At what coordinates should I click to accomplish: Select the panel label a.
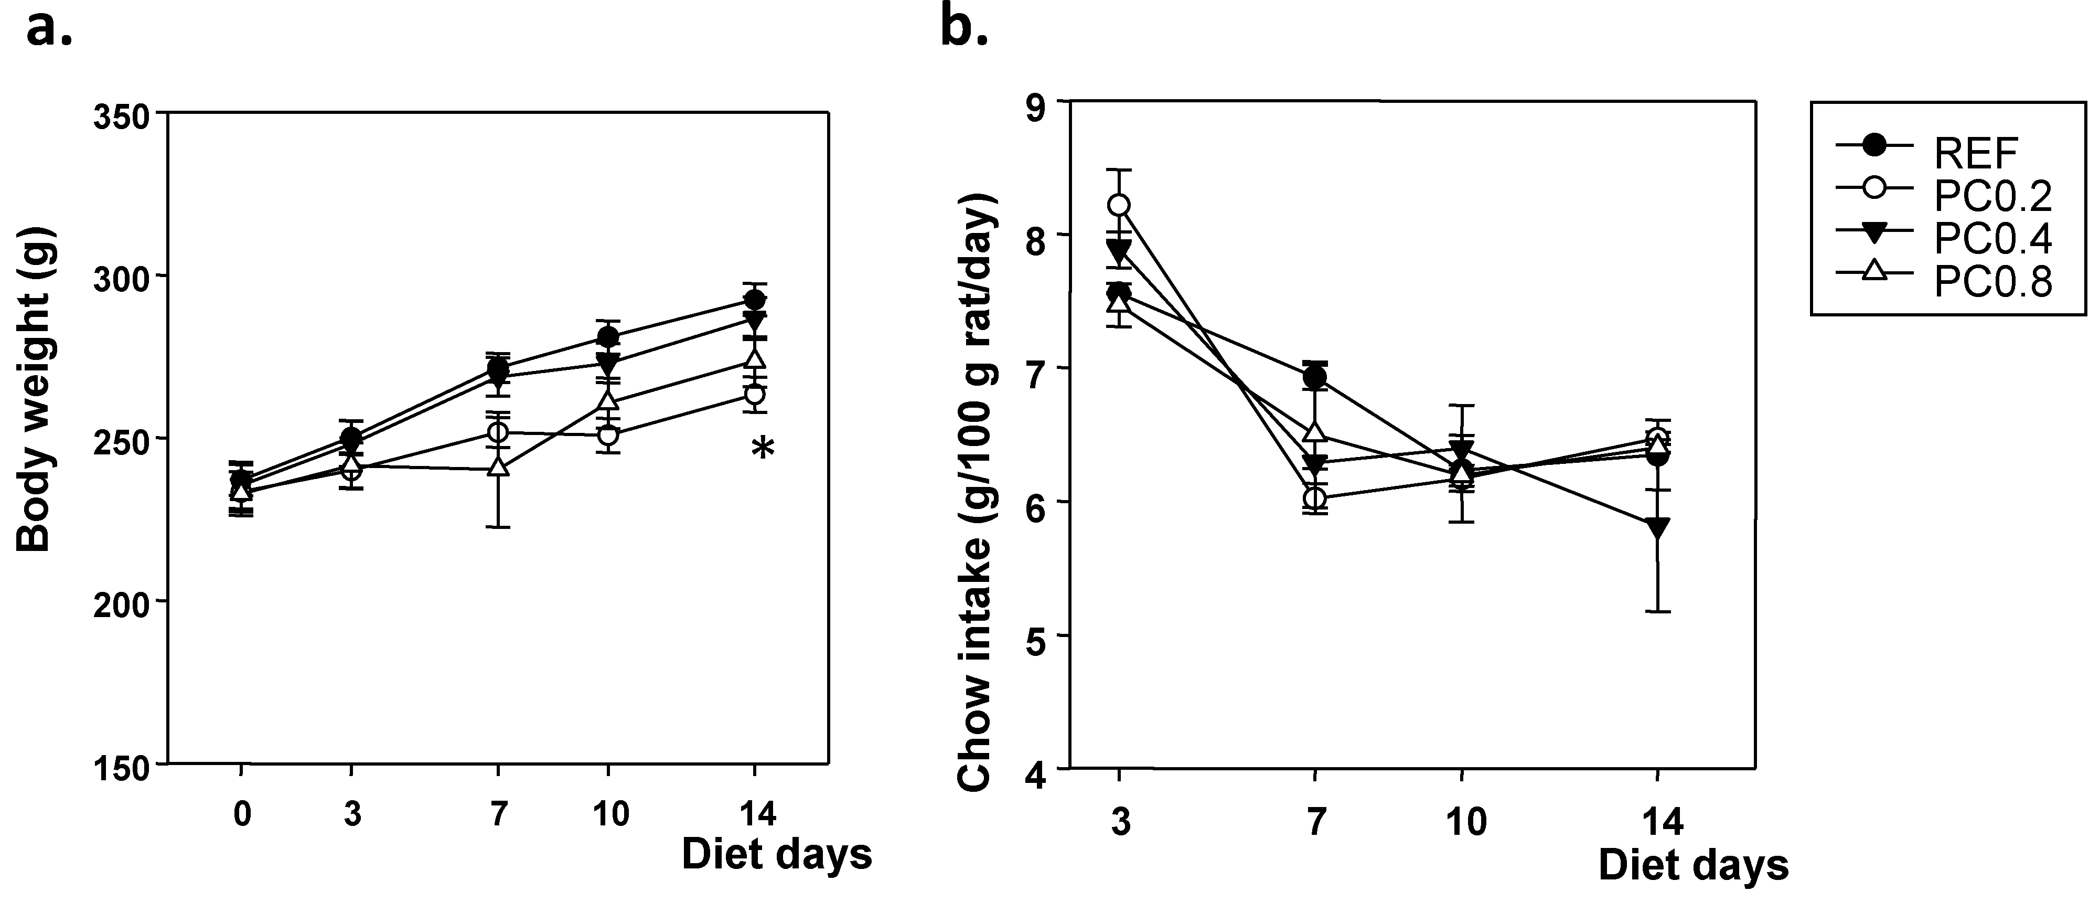pyautogui.click(x=49, y=30)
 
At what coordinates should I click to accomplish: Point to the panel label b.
pyautogui.click(x=965, y=30)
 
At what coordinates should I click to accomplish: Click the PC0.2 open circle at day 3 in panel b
pyautogui.click(x=1119, y=205)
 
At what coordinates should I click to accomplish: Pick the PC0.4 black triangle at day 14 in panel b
pyautogui.click(x=1656, y=526)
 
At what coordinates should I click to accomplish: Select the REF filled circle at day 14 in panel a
pyautogui.click(x=755, y=300)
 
